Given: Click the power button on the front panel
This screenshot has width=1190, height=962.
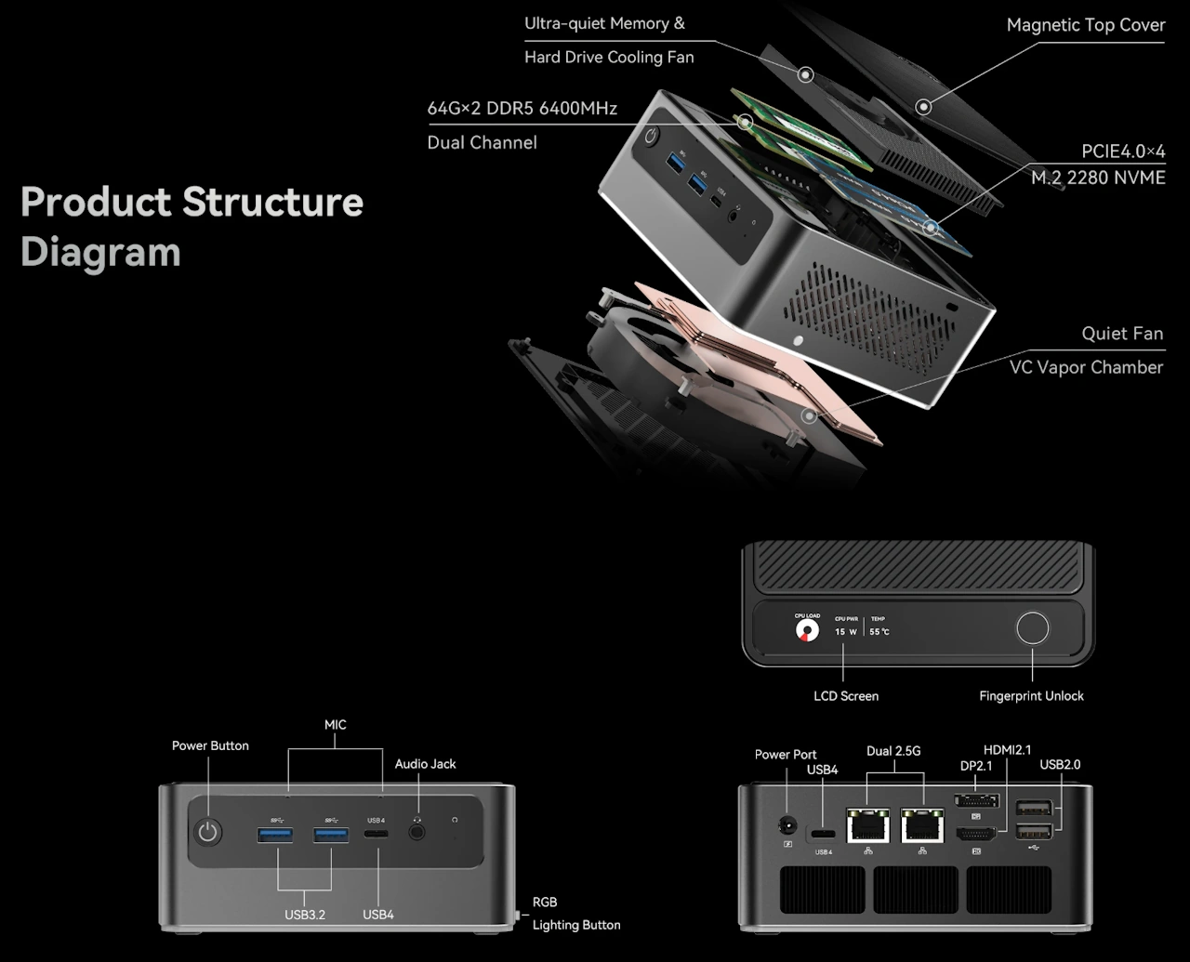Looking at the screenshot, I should [x=208, y=833].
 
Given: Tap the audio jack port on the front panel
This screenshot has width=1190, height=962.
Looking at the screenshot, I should [x=416, y=833].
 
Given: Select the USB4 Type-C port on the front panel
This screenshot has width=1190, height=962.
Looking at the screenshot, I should [x=377, y=835].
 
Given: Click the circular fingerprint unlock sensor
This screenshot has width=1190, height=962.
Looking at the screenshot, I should [x=1032, y=628].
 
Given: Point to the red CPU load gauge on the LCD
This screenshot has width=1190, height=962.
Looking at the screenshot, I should [x=807, y=631].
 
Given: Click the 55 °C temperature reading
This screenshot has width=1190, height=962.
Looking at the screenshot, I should [x=879, y=632].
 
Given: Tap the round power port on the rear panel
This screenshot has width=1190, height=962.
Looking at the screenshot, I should [x=788, y=824].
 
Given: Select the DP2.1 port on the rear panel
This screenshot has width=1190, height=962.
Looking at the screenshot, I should [x=976, y=801].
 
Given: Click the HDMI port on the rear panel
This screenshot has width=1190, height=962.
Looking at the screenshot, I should [x=976, y=834].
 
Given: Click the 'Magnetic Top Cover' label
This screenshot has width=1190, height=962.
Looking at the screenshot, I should [x=1085, y=25].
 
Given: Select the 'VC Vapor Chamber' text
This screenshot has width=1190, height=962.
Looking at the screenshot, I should [x=1086, y=367].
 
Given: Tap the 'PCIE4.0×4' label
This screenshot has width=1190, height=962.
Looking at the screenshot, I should [x=1122, y=152].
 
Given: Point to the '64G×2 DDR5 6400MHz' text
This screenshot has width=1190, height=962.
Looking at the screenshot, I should [x=522, y=109].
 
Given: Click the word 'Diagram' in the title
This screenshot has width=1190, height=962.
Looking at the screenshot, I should [x=100, y=252].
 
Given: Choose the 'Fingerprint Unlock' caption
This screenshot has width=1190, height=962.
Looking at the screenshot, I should [x=1031, y=696].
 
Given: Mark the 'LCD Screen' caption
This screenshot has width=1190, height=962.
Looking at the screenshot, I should [x=845, y=696].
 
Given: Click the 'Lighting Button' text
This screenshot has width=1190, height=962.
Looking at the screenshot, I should [x=575, y=925].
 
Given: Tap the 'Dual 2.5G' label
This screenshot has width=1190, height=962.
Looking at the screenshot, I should [x=892, y=751].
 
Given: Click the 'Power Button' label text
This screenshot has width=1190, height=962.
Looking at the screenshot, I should [x=210, y=745].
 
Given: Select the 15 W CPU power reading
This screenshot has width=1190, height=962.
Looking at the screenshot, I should [x=845, y=632].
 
